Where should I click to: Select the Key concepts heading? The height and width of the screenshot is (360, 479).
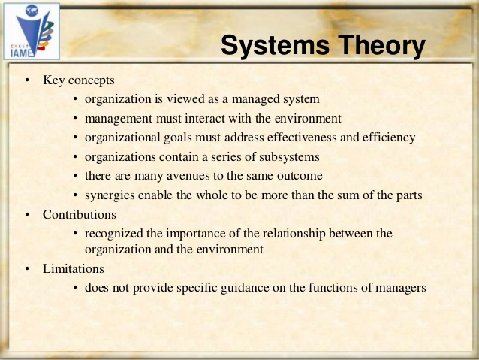pos(79,80)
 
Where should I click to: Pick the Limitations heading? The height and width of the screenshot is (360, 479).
pos(74,268)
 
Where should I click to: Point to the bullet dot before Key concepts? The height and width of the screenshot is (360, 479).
pos(26,80)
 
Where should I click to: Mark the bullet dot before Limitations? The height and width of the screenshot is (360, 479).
pos(26,268)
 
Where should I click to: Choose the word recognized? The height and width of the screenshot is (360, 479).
pos(114,234)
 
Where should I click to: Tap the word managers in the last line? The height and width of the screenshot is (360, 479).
pos(402,287)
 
